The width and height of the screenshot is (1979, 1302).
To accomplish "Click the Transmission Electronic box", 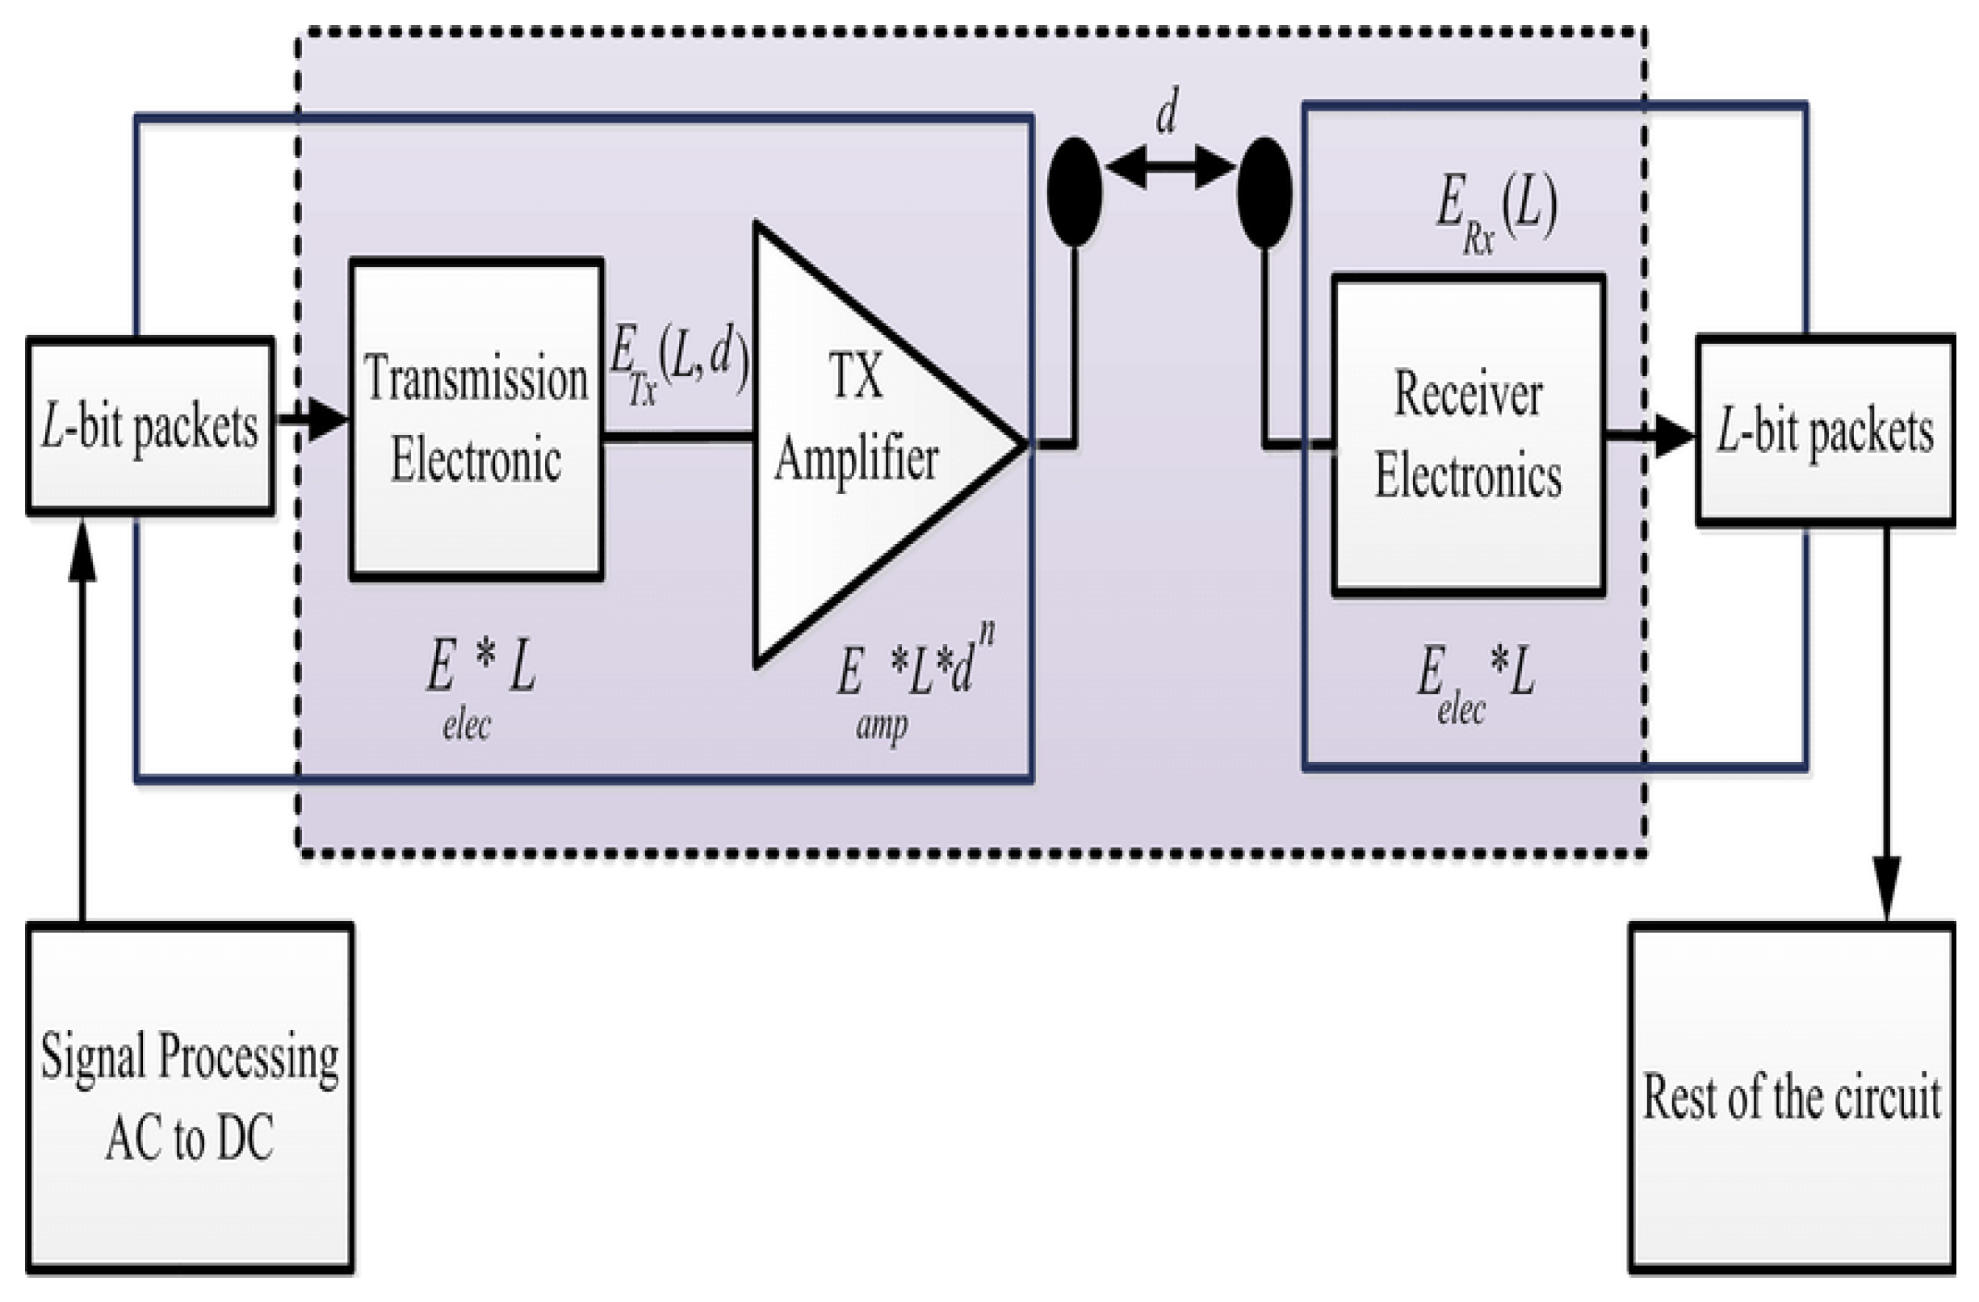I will click(476, 418).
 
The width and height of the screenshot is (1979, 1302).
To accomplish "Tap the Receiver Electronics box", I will click(1468, 435).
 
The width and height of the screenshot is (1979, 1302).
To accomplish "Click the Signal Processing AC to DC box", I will click(190, 1098).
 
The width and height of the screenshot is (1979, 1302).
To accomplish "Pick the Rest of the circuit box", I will click(1791, 1098).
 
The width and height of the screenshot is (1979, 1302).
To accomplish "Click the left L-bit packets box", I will click(149, 425).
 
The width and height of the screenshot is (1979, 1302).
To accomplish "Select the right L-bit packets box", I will click(1825, 431).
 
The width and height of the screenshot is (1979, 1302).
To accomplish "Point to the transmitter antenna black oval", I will click(1075, 191).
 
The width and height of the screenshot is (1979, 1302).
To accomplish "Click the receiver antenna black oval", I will click(1264, 192).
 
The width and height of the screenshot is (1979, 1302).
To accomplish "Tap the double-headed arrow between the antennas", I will click(1169, 167).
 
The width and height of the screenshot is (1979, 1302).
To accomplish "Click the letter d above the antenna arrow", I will click(1168, 112).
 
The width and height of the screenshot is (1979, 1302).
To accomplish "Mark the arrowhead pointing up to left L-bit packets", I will click(82, 552).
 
